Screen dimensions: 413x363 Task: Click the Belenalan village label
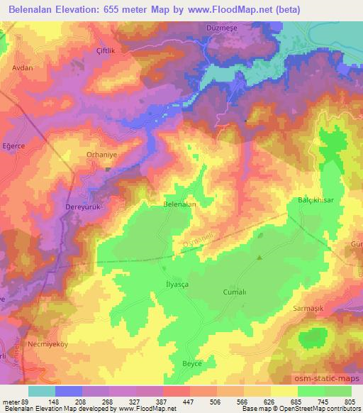pyautogui.click(x=179, y=204)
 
